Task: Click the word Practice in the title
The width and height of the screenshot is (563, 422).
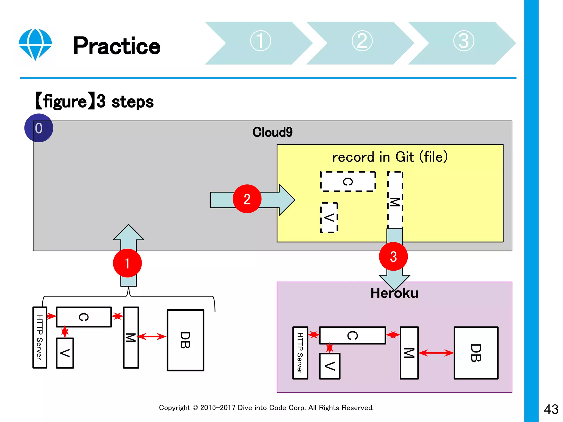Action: pyautogui.click(x=117, y=46)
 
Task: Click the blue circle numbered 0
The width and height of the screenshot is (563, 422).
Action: pyautogui.click(x=38, y=128)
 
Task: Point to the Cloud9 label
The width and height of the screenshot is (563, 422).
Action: pyautogui.click(x=272, y=132)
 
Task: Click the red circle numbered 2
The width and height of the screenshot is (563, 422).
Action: pyautogui.click(x=247, y=199)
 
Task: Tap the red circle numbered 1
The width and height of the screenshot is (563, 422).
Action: pyautogui.click(x=127, y=263)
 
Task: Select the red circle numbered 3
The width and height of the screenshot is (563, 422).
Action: pyautogui.click(x=393, y=257)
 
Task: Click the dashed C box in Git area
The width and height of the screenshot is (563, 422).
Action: pyautogui.click(x=348, y=182)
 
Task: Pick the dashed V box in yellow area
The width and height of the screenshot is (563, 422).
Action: pyautogui.click(x=329, y=218)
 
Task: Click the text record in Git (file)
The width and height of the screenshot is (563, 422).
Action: pyautogui.click(x=390, y=157)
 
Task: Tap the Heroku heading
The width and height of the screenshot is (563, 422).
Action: pyautogui.click(x=394, y=293)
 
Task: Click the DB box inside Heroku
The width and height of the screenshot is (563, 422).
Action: pyautogui.click(x=476, y=353)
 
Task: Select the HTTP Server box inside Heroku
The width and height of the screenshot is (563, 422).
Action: pyautogui.click(x=300, y=353)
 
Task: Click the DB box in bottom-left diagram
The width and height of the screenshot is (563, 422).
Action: pyautogui.click(x=186, y=340)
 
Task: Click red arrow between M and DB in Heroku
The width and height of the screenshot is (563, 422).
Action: pyautogui.click(x=436, y=353)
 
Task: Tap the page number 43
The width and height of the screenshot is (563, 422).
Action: pyautogui.click(x=551, y=409)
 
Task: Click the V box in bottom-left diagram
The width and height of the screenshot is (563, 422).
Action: pyautogui.click(x=65, y=353)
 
